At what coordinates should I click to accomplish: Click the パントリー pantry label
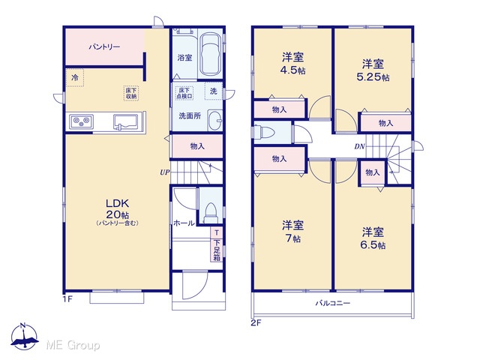tap(104, 47)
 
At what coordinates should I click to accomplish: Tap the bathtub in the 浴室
tap(210, 54)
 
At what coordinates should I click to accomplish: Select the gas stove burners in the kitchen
tap(81, 122)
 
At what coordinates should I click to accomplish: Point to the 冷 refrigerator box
tap(75, 78)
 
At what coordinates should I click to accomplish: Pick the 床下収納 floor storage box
tap(131, 93)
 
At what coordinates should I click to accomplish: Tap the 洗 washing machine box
tap(213, 91)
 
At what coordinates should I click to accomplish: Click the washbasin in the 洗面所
tap(215, 120)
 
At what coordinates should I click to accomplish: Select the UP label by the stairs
tap(164, 172)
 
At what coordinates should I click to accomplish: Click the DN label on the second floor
tap(359, 147)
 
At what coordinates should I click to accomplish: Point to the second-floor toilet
tap(265, 132)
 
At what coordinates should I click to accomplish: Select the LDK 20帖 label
tap(117, 211)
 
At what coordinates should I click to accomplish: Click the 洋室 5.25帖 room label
tap(373, 70)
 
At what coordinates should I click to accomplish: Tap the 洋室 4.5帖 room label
tap(293, 64)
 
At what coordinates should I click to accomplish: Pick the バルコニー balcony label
tap(333, 303)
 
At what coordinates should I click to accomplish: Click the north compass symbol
tap(24, 337)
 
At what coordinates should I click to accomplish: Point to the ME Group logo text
tap(73, 346)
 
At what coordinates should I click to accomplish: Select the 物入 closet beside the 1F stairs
tap(197, 146)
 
